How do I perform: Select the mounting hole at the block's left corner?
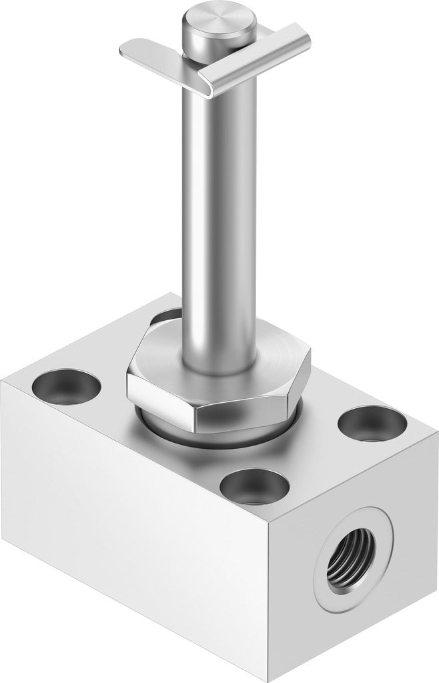point(66,386)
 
